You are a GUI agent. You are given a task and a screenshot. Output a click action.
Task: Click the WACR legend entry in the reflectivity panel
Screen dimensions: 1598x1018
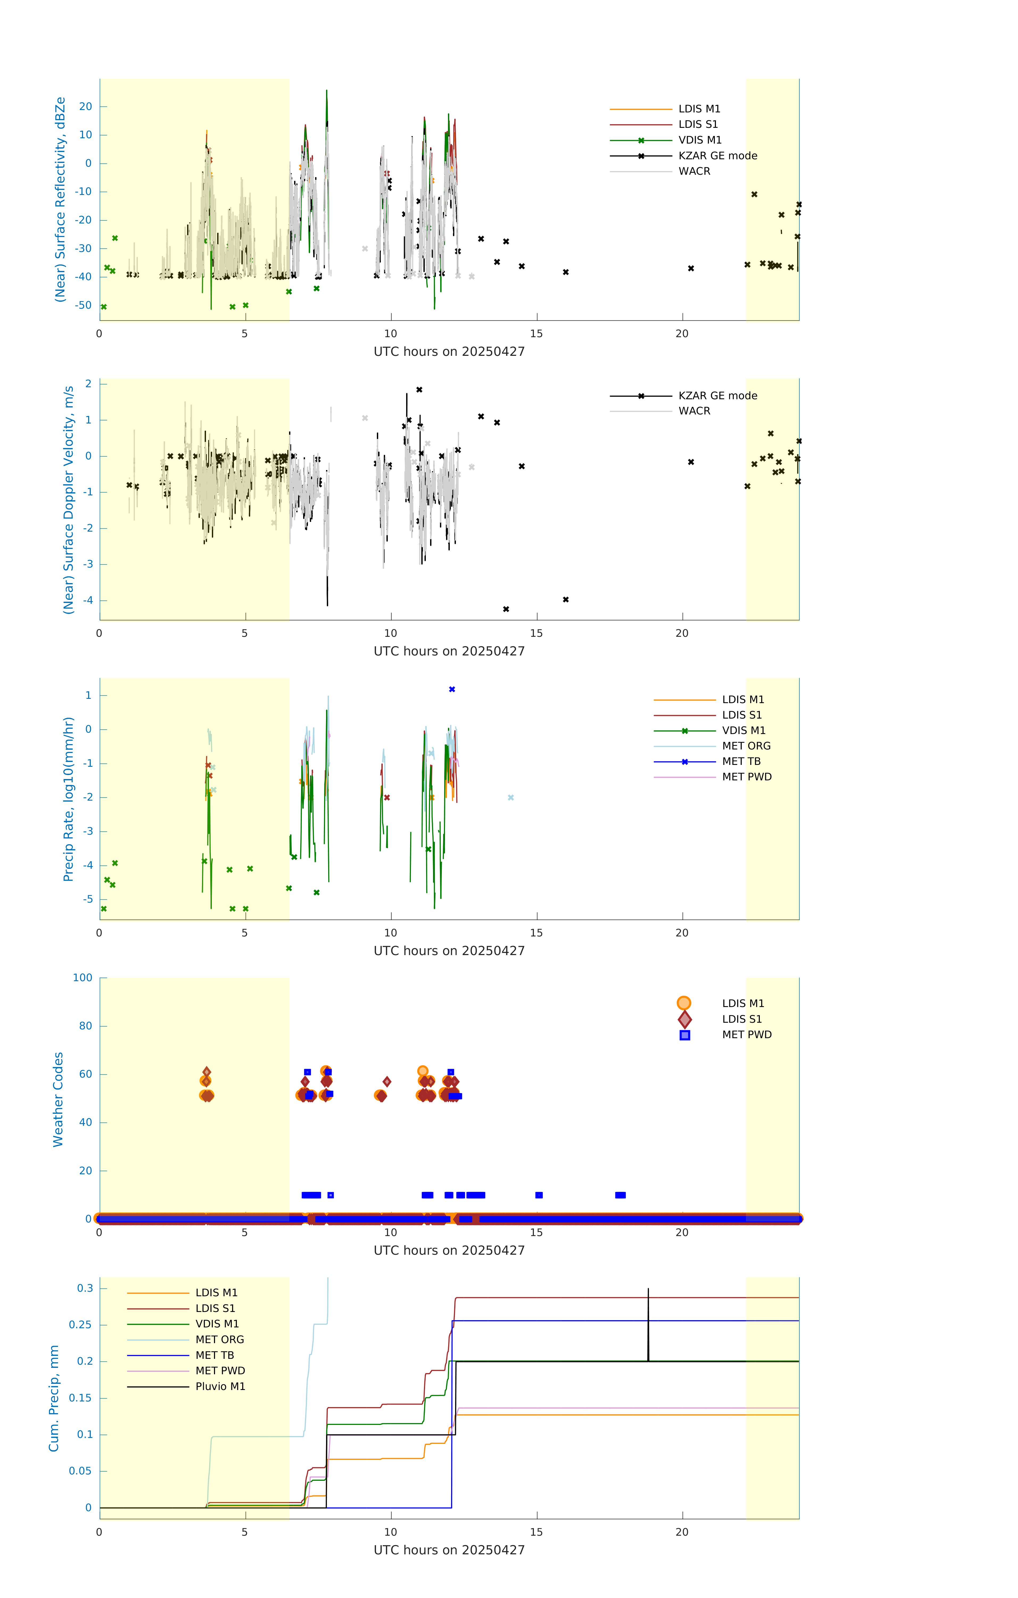pos(694,171)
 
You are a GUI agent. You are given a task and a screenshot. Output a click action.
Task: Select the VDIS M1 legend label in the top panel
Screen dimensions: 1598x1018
pos(700,140)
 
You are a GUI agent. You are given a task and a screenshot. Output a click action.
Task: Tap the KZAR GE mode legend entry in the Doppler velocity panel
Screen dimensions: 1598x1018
pos(718,396)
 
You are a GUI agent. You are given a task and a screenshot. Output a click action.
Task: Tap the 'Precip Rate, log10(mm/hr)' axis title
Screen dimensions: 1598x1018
pos(68,799)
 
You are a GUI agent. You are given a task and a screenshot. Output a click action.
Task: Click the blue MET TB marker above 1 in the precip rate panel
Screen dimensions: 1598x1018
pos(452,690)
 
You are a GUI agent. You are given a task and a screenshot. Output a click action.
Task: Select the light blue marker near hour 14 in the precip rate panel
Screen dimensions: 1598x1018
pos(511,798)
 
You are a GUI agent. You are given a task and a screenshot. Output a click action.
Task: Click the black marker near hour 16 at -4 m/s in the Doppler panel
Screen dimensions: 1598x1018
pos(566,600)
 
